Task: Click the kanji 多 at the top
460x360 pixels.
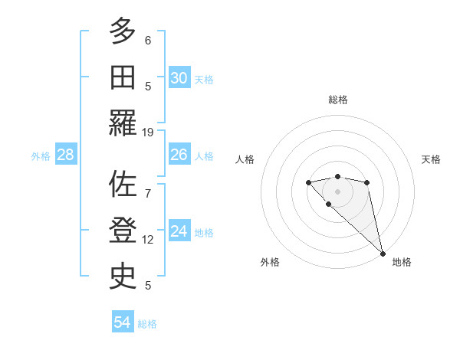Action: tap(123, 32)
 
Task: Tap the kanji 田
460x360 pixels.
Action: tap(123, 78)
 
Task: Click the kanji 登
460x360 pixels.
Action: tap(123, 231)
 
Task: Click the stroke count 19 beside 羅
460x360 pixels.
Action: tap(148, 132)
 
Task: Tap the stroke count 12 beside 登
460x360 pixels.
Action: tap(148, 240)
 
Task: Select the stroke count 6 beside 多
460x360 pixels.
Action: tap(148, 40)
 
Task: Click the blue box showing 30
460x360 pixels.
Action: tap(179, 78)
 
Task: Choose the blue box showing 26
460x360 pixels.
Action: tap(179, 155)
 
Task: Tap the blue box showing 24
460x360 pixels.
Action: tap(179, 231)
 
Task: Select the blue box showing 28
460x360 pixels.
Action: tap(66, 155)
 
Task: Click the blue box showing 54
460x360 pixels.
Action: tap(123, 322)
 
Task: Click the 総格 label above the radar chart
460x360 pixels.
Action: tap(337, 100)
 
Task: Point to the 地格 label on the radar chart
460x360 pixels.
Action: tap(402, 262)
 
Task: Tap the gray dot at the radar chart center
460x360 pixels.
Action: tap(337, 191)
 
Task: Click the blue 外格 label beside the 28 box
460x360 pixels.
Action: tap(41, 155)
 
